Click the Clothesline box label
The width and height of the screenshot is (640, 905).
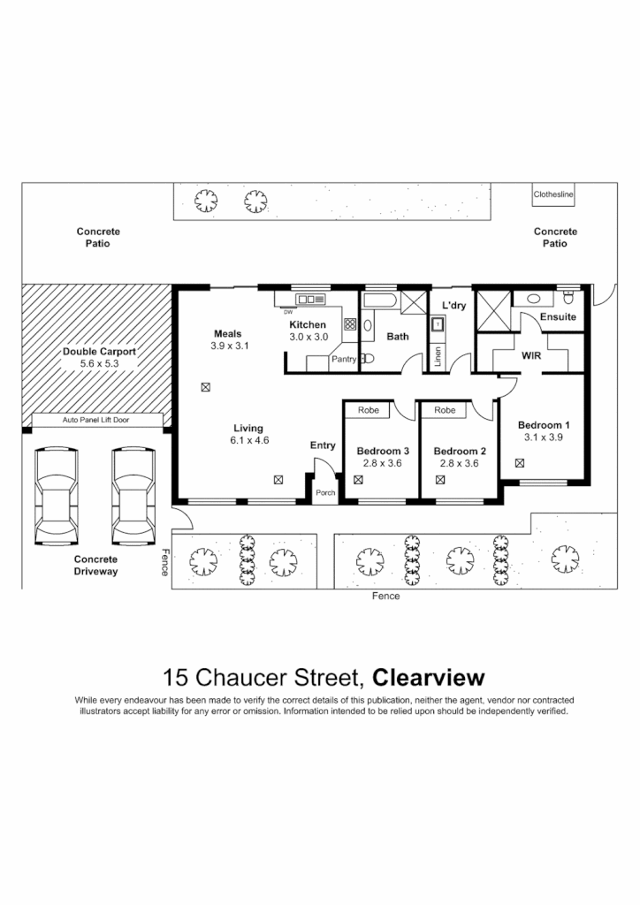click(x=554, y=194)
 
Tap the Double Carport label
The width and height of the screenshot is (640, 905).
click(x=98, y=351)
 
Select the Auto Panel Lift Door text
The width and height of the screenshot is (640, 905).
click(x=95, y=420)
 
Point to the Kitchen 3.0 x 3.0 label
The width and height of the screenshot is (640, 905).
click(x=309, y=331)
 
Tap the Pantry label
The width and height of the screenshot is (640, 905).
click(x=343, y=360)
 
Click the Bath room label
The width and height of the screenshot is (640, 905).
click(x=398, y=337)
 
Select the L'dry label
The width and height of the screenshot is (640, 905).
click(x=453, y=306)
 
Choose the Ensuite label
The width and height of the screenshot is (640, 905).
click(x=558, y=316)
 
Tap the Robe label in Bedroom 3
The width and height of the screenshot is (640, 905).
click(x=369, y=410)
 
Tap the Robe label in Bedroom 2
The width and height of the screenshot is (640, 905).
click(x=445, y=410)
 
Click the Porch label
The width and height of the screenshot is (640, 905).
click(x=325, y=492)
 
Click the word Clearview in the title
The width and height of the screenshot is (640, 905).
click(x=429, y=678)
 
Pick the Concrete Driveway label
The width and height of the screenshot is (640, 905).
click(x=95, y=566)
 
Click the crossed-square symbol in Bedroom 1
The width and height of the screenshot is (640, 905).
click(x=519, y=461)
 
